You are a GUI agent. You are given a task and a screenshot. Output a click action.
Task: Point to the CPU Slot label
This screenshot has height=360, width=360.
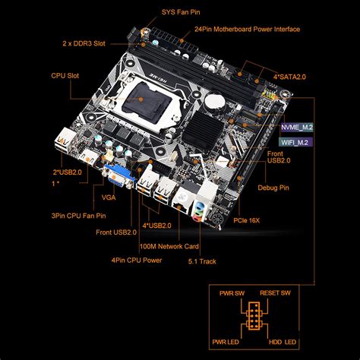click(x=66, y=75)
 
